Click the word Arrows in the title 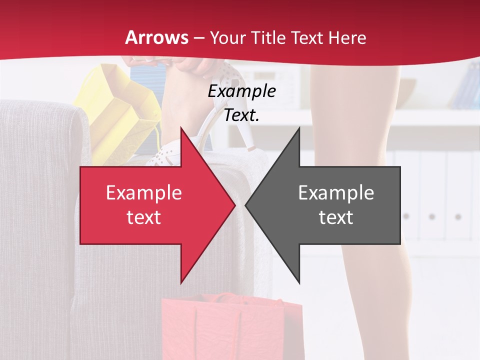coord(157,37)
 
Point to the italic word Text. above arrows coord(242,115)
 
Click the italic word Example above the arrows coord(242,91)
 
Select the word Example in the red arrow coord(144,193)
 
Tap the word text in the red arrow coord(144,217)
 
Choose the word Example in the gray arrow coord(336,193)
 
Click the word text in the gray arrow coord(336,217)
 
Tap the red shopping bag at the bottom coord(230,325)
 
